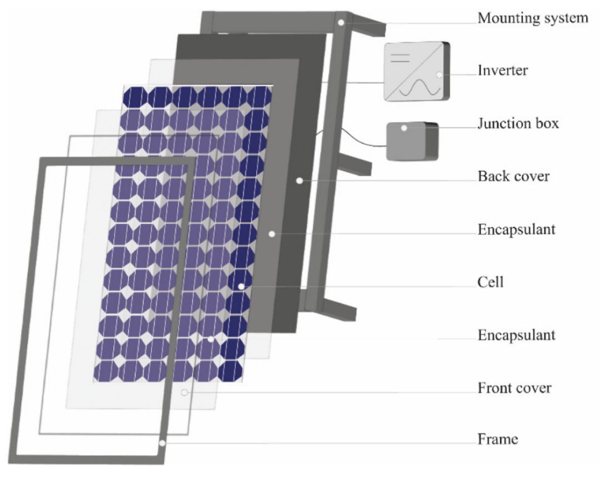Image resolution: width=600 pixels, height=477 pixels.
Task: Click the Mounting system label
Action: tap(532, 18)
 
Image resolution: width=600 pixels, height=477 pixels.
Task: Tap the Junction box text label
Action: tap(518, 123)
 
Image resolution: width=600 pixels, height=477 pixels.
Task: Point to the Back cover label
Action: tap(513, 177)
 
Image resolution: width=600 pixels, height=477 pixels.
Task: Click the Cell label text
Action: tap(491, 282)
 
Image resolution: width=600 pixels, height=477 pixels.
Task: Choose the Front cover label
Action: tap(514, 388)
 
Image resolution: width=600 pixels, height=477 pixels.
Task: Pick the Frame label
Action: tap(498, 439)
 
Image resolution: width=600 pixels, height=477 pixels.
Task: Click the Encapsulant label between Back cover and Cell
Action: tap(516, 229)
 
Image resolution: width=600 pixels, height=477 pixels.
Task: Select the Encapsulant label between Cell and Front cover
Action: tap(516, 335)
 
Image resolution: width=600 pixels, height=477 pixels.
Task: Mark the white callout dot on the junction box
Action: tap(404, 128)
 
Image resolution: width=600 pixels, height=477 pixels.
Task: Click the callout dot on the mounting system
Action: tap(341, 23)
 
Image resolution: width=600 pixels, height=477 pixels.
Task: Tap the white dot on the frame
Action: tap(162, 443)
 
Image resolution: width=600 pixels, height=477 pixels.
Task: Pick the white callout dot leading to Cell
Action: tap(241, 286)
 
